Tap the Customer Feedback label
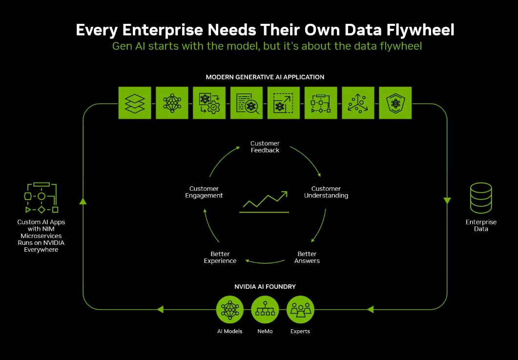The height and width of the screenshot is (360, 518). pos(265,147)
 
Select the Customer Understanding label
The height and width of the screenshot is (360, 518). pos(326,192)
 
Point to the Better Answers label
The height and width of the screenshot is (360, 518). pos(307,257)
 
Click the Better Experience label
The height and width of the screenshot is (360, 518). pos(220,257)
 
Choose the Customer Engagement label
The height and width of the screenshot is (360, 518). pos(204,192)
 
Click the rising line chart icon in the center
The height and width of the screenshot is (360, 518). pos(264,202)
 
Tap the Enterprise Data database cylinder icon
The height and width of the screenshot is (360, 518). pos(481,198)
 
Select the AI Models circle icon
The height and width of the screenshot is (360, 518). pos(230,309)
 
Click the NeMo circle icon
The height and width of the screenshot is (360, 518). pos(265,309)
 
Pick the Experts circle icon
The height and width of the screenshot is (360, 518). pos(300,309)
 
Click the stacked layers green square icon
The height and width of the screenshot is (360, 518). pos(135,103)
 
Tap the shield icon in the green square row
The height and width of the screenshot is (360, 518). pos(395,103)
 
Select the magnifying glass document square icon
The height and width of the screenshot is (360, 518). pos(247,103)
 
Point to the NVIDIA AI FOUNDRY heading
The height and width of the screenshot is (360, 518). pos(265,287)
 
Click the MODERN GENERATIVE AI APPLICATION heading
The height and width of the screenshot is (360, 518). pos(265,77)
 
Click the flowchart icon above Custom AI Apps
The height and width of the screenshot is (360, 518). pos(41,198)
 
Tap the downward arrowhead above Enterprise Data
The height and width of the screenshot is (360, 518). pos(447,201)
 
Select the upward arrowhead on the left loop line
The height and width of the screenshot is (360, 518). pos(83,200)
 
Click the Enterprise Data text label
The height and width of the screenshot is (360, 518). pos(481,225)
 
